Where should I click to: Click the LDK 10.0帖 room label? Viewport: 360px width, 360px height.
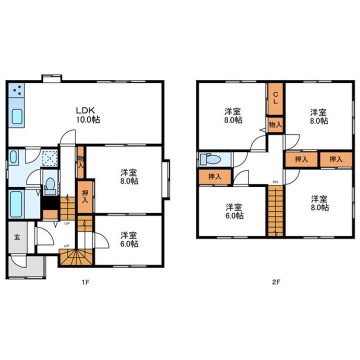88,115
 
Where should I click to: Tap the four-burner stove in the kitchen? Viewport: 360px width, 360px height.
16,90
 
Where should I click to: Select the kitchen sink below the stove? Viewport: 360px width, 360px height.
17,116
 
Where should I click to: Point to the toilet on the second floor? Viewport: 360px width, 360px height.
210,159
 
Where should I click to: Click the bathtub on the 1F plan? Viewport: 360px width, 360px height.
16,204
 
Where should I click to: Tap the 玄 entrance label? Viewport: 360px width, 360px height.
17,237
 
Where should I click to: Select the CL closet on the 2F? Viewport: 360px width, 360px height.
275,98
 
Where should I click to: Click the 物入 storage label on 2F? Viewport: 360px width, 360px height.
275,124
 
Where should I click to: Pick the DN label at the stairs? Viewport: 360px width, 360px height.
275,182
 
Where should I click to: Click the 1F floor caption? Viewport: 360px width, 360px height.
85,282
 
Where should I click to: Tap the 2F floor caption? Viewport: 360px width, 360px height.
276,282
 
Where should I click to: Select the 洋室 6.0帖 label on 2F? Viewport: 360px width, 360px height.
234,211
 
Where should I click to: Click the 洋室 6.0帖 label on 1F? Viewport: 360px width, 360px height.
129,239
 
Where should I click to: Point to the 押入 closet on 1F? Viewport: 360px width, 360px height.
85,197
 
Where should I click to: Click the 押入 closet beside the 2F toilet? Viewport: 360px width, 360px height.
215,176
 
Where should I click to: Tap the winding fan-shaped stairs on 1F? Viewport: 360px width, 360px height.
76,256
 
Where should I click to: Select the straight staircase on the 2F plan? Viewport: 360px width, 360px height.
275,211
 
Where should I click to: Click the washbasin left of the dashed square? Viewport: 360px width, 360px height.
13,157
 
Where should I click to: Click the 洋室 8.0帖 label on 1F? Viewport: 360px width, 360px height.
129,176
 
